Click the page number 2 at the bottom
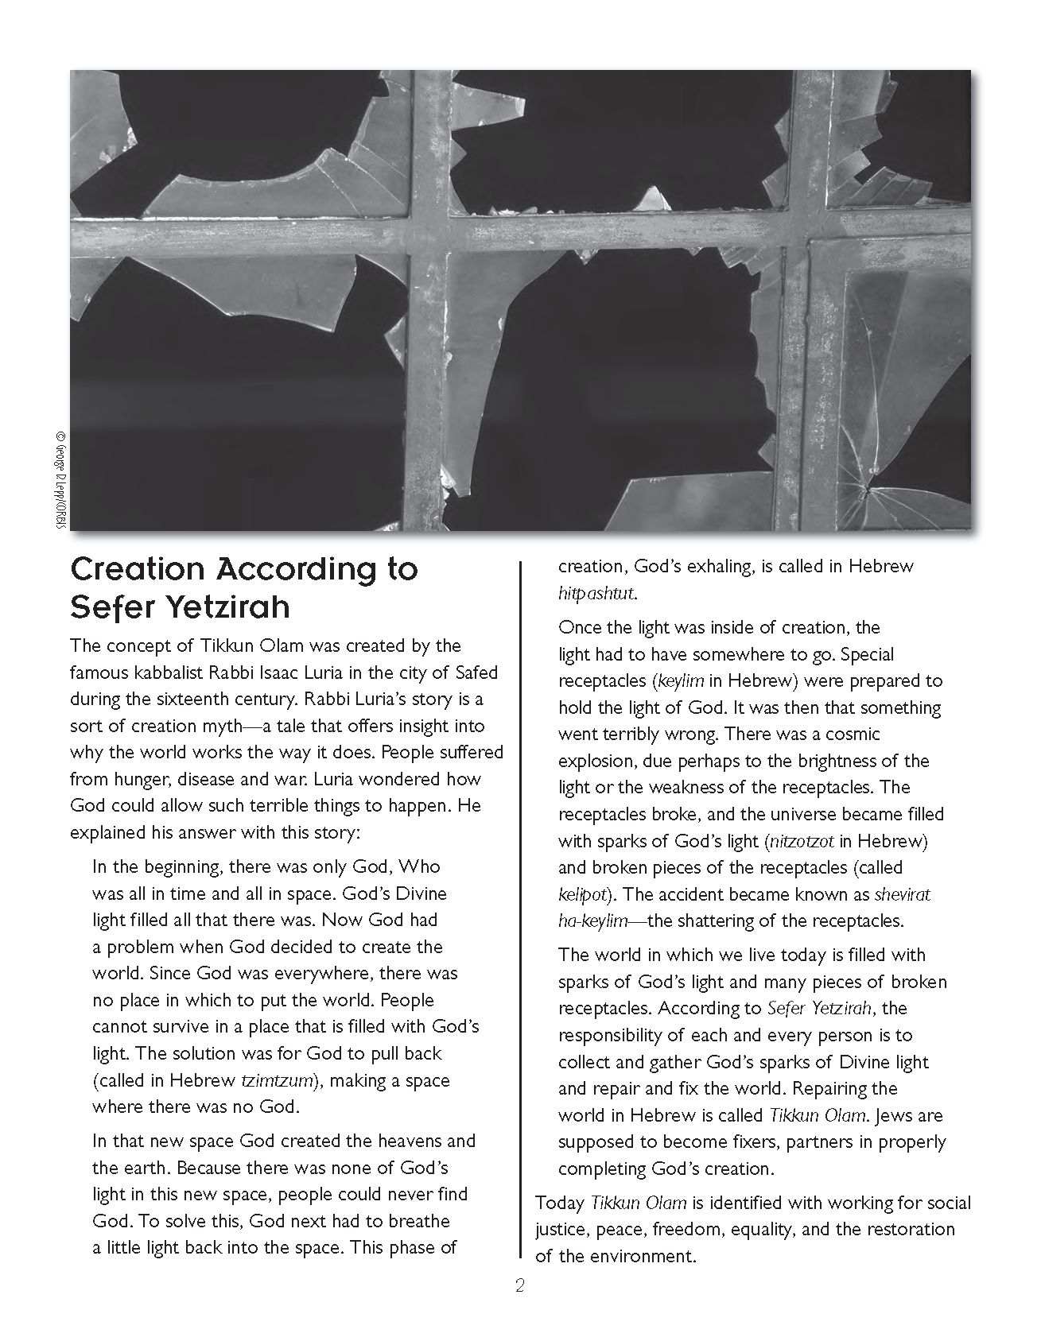[520, 1285]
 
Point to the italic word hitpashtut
[597, 594]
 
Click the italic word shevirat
[902, 894]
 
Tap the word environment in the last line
[651, 1256]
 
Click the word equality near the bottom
[759, 1230]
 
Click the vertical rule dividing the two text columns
[521, 914]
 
